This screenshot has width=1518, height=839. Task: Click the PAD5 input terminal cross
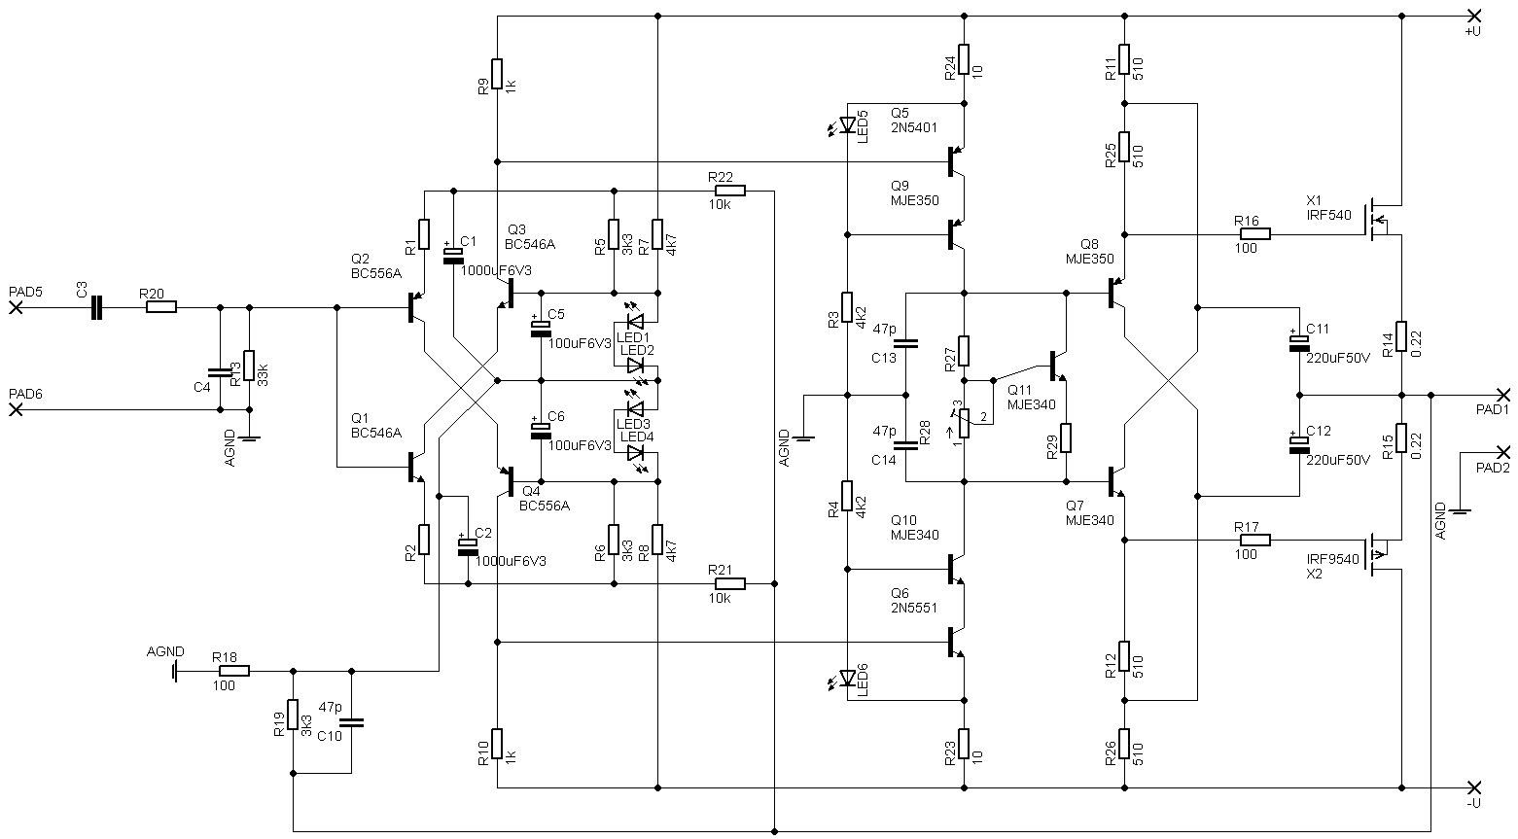pos(16,307)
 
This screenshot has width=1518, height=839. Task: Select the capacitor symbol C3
pos(95,307)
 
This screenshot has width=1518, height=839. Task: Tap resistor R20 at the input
pos(161,307)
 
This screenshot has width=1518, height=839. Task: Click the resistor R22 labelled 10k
pos(729,191)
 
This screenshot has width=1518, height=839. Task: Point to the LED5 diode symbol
pos(847,124)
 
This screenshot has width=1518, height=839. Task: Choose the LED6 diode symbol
pos(847,678)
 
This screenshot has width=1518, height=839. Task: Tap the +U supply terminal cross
pos(1473,16)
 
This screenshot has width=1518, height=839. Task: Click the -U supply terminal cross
pos(1473,787)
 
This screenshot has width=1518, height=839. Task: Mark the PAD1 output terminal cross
pos(1503,395)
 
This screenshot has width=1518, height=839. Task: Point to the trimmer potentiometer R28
pos(965,424)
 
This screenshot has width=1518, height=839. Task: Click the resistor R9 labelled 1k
pos(497,74)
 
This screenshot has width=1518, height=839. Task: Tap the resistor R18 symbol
pos(234,671)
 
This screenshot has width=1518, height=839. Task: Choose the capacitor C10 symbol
pos(351,722)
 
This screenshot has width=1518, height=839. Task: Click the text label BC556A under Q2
pos(376,274)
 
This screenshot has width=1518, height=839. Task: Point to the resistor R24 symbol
pos(965,59)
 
